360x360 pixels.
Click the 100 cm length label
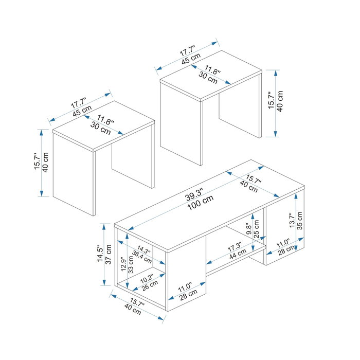coord(201,203)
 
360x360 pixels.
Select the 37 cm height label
coord(108,255)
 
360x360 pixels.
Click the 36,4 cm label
coord(141,257)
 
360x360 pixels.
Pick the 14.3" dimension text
coord(144,249)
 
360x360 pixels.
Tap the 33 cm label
coord(131,264)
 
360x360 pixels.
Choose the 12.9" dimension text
coord(123,264)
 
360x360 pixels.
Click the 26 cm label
coord(150,285)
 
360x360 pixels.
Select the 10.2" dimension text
coord(147,279)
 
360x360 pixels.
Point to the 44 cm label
coord(238,254)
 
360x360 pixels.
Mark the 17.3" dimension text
coord(235,247)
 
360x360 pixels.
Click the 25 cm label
coord(257,229)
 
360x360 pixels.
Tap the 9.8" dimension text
coord(249,229)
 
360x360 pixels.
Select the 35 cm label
coord(300,221)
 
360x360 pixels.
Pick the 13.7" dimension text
coord(292,220)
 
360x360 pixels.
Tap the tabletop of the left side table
coord(103,125)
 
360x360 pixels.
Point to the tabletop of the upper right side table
coord(211,75)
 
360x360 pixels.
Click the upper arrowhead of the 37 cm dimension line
coord(104,227)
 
